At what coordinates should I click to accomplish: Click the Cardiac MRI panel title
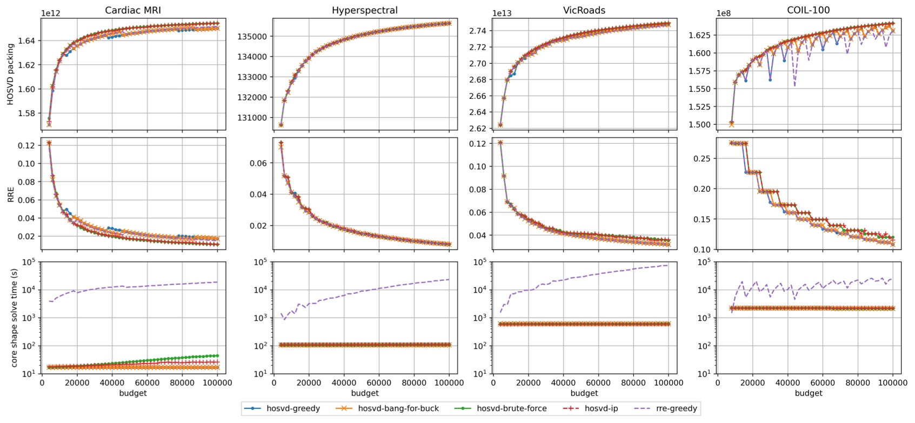(x=132, y=10)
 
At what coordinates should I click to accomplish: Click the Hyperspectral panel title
(x=364, y=10)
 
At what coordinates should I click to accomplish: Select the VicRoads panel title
(x=584, y=10)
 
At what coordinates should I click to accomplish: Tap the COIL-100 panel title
(x=808, y=10)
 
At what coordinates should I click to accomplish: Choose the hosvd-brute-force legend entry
(x=511, y=408)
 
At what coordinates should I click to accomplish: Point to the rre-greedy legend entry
(x=676, y=408)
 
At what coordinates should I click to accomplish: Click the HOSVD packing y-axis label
(x=10, y=75)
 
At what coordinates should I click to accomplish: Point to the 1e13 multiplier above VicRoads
(x=502, y=13)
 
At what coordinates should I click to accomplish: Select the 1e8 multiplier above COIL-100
(x=724, y=13)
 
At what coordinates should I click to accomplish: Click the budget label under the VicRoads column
(x=584, y=393)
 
